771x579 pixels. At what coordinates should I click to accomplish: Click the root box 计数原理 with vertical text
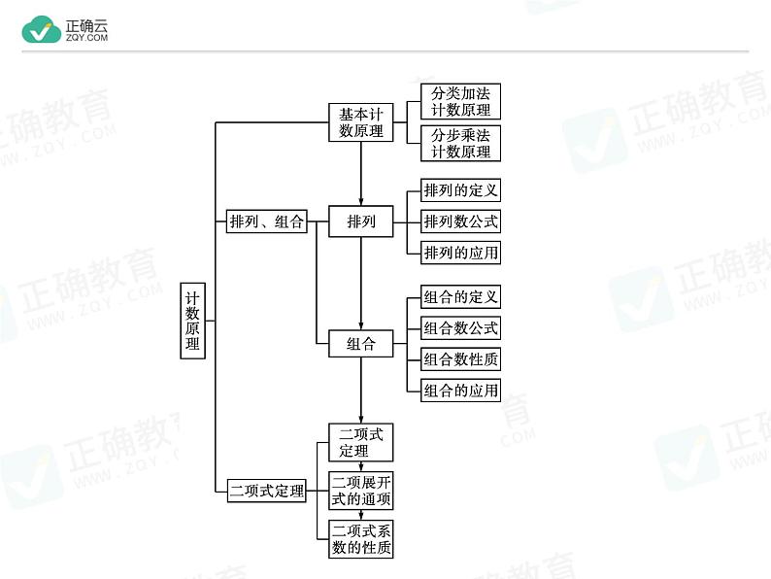pos(192,321)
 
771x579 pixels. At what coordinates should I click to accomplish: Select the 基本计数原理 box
pos(361,122)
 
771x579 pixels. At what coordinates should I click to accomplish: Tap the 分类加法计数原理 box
pos(460,101)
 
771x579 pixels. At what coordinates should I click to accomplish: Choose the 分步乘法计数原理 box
pos(460,143)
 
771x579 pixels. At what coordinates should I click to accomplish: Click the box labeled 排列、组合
pos(266,221)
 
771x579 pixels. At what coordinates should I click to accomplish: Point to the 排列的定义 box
pos(460,190)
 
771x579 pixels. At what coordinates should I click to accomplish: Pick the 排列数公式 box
pos(460,221)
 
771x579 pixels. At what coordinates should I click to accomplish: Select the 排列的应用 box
pos(460,253)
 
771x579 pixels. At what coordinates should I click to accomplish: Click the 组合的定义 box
pos(460,296)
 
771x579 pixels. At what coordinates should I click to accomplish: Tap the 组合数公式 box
pos(460,328)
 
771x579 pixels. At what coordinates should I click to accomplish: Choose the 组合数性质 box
pos(460,359)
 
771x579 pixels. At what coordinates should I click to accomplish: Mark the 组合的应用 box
pos(460,391)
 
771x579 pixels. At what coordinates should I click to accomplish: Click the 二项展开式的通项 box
pos(361,491)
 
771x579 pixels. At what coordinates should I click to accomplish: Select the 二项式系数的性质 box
pos(361,538)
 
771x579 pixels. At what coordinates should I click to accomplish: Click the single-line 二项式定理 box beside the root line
pos(266,491)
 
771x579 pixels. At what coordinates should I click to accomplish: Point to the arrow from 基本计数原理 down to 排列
pos(361,174)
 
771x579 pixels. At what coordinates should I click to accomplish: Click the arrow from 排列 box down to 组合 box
pos(361,284)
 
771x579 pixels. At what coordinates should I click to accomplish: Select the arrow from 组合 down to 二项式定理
pos(361,391)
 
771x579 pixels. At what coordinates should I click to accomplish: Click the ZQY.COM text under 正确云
pos(87,37)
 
